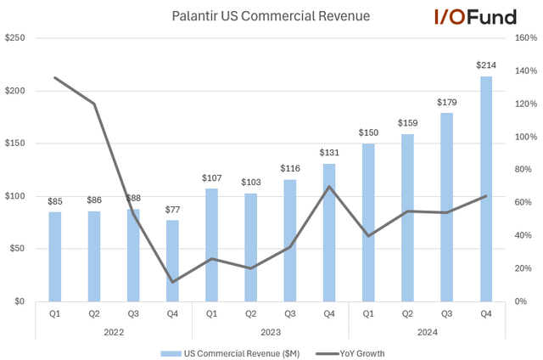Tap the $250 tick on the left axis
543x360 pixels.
click(17, 38)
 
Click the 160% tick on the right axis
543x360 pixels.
click(526, 38)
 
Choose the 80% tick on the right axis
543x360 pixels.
click(526, 170)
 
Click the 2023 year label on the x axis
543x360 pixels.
click(270, 334)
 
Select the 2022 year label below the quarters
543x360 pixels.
click(113, 334)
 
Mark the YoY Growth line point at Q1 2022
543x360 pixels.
click(54, 78)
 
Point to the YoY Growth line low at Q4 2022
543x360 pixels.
click(172, 282)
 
